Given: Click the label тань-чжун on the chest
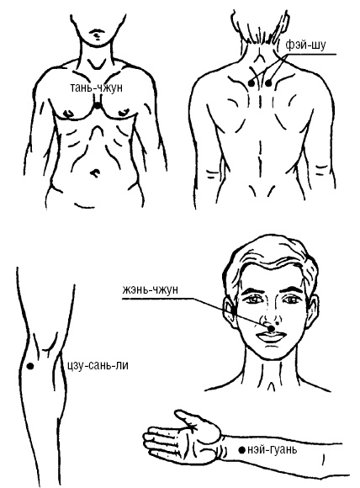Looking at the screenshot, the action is point(97,88).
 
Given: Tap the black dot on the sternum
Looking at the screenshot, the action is point(98,106).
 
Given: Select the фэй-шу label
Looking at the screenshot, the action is point(305,45).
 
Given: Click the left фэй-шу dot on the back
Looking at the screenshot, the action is point(251,83).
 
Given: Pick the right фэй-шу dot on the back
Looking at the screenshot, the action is point(268,83).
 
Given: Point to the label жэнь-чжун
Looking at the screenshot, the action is point(150,289).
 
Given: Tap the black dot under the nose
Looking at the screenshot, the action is point(272,328).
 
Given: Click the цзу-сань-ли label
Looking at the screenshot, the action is point(98,365).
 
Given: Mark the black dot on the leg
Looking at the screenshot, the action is point(30,366).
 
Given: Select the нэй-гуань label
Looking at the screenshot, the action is point(273,449).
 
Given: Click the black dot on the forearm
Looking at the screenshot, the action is point(241,450).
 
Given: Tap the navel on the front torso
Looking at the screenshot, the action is point(95,172).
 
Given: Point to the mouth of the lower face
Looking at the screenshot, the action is point(270,337).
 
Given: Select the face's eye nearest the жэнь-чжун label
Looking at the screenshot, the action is point(255,300).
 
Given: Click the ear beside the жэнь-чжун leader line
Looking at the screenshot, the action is point(230,312).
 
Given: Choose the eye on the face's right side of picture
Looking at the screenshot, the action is point(292,300).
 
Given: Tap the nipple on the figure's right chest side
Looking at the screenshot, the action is point(68,113).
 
